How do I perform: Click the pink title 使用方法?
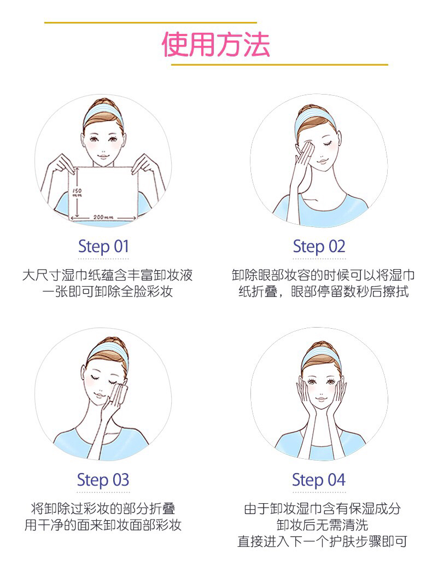click(216, 44)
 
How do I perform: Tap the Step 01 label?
click(103, 247)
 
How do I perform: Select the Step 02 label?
click(319, 247)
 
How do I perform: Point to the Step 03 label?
click(103, 480)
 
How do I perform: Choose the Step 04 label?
click(319, 480)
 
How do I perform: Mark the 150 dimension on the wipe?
click(77, 193)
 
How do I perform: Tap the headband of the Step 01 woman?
click(103, 113)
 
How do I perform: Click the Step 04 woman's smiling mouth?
click(321, 399)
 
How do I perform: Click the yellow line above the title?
click(150, 23)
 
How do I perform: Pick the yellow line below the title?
click(279, 65)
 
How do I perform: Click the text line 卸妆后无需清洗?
click(322, 525)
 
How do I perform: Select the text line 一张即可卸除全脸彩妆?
click(107, 292)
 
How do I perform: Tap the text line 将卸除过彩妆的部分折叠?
click(103, 509)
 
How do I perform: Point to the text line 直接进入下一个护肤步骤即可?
click(322, 541)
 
